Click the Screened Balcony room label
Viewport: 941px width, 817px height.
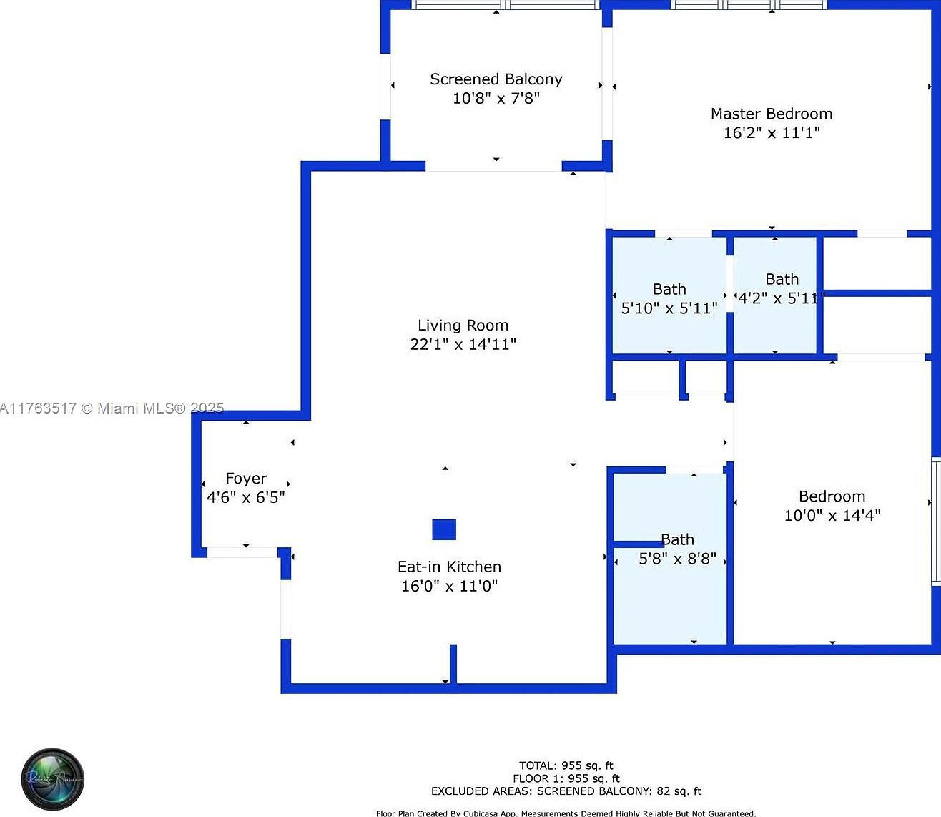coord(496,79)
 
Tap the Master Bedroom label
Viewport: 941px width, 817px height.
coord(771,114)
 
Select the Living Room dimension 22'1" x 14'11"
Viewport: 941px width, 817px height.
coord(463,344)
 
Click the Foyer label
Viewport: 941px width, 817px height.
coord(246,479)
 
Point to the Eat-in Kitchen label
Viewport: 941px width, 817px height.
coord(449,567)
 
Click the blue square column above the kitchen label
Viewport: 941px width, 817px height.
coord(444,529)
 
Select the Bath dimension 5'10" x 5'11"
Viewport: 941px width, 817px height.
coord(669,308)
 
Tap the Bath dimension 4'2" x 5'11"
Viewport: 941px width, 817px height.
coord(778,298)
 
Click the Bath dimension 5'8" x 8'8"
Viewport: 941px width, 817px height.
coord(677,559)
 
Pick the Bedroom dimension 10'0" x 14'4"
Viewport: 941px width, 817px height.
coord(832,515)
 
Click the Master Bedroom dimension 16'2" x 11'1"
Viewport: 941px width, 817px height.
coord(771,133)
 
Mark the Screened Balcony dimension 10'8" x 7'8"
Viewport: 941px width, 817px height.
coord(496,99)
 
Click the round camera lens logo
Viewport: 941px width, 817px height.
coord(53,779)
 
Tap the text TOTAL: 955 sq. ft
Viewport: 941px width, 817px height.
coord(566,765)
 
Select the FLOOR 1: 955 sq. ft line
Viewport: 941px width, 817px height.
coord(566,778)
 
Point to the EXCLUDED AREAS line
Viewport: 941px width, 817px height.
coord(566,791)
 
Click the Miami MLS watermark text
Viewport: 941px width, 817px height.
coord(112,408)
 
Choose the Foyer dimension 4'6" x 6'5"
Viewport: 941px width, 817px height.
coord(246,498)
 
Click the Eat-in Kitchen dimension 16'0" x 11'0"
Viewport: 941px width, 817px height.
coord(449,587)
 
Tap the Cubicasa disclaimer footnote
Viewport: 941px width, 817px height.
coord(566,813)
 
